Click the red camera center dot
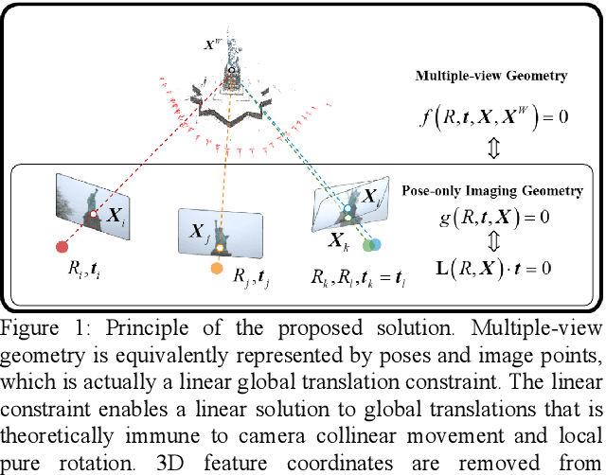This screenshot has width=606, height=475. click(x=62, y=247)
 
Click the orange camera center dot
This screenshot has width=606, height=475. click(x=216, y=270)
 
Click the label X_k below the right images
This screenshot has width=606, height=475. click(x=339, y=240)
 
